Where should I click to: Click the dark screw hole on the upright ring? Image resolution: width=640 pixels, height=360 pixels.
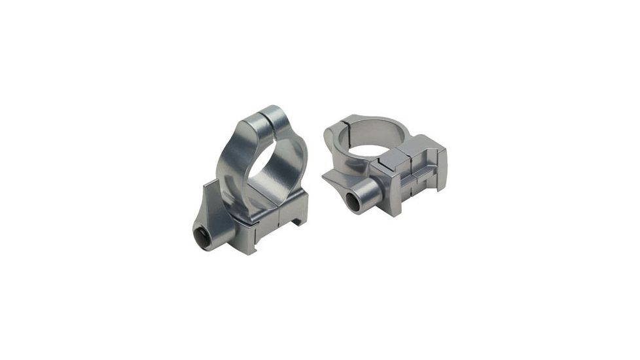[x=203, y=238]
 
